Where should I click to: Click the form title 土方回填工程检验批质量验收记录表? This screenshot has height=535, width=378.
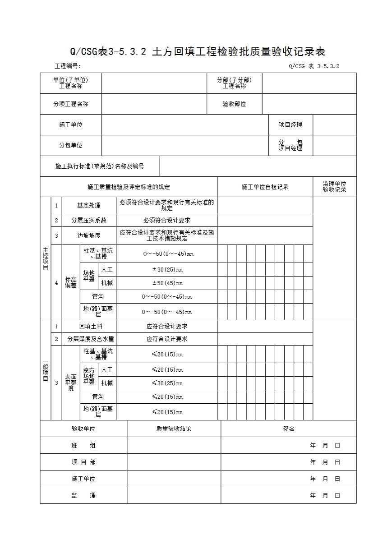[198, 51]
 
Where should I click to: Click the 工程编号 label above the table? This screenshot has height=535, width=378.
[68, 66]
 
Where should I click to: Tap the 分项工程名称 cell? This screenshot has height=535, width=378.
[71, 104]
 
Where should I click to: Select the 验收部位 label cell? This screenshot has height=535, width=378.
[234, 104]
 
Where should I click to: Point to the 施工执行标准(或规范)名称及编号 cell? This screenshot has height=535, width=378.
[100, 166]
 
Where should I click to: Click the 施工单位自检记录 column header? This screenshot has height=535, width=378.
[265, 187]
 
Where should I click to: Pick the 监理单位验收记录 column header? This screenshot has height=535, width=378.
[334, 187]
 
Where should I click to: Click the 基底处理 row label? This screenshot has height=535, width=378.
[89, 206]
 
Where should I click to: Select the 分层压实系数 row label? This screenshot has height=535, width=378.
[89, 221]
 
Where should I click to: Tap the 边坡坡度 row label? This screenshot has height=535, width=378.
[89, 235]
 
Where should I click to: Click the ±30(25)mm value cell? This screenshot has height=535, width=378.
[167, 270]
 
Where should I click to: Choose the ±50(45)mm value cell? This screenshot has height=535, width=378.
[167, 283]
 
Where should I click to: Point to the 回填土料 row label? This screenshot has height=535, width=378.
[89, 326]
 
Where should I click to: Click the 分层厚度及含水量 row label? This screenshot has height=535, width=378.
[89, 339]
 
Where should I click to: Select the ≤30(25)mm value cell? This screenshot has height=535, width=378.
[167, 383]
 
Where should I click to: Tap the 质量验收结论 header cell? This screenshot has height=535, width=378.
[174, 429]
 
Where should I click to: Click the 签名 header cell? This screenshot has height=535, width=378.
[289, 429]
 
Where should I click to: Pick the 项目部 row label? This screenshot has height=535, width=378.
[83, 462]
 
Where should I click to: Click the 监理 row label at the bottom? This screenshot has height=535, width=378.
[83, 495]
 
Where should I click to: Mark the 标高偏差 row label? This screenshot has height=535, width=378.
[71, 283]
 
